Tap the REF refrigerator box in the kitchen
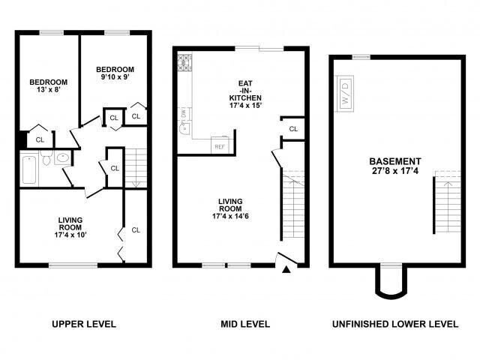click(220, 145)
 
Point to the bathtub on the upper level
click(28, 169)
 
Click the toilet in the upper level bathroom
click(46, 159)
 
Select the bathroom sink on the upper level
click(63, 159)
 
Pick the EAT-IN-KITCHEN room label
click(244, 94)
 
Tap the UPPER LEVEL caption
click(83, 325)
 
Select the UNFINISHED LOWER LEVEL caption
click(395, 325)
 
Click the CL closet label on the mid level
click(293, 129)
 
